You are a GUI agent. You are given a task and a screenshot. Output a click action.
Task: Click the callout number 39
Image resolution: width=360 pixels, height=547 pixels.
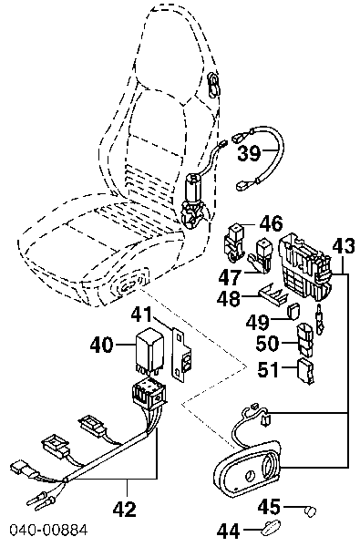point(249,153)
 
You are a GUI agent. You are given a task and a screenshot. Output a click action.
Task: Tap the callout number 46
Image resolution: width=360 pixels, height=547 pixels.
point(271,223)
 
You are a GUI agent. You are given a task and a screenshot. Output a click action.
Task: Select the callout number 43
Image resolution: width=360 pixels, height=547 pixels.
point(344,246)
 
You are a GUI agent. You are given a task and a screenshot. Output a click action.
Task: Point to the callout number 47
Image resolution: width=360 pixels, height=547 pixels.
point(231,278)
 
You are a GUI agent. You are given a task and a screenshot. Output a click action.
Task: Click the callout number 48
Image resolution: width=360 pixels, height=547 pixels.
point(229,299)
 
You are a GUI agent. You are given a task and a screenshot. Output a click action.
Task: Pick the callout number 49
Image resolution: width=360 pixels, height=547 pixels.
point(257,322)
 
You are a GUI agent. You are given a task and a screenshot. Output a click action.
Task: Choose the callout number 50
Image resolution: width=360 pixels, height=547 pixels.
point(268,344)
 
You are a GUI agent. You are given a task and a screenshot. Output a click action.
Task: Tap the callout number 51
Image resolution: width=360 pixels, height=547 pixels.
point(269,369)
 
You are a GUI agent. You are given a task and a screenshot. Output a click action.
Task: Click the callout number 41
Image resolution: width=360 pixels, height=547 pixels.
point(141,315)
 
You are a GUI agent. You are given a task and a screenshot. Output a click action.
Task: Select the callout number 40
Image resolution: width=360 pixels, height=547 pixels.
point(102,345)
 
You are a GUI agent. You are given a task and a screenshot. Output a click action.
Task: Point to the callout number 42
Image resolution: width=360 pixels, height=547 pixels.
point(125,510)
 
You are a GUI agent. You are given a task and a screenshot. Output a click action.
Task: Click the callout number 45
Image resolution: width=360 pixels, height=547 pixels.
point(269,506)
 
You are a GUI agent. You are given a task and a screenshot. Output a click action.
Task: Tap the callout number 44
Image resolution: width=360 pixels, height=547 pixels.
point(229,532)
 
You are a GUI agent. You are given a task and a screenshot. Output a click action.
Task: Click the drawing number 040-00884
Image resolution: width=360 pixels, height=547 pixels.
point(48,530)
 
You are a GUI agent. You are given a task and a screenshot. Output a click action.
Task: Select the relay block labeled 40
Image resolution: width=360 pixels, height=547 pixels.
point(149,350)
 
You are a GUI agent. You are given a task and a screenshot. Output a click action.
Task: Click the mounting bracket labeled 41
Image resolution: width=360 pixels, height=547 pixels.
point(182,356)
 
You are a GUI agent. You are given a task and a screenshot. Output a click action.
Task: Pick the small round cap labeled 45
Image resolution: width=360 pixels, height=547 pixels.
point(310,512)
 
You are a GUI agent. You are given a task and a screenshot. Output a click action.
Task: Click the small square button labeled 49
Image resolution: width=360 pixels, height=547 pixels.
point(294,311)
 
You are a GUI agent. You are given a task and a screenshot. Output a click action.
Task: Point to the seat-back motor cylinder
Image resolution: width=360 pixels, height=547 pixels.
point(194,189)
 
